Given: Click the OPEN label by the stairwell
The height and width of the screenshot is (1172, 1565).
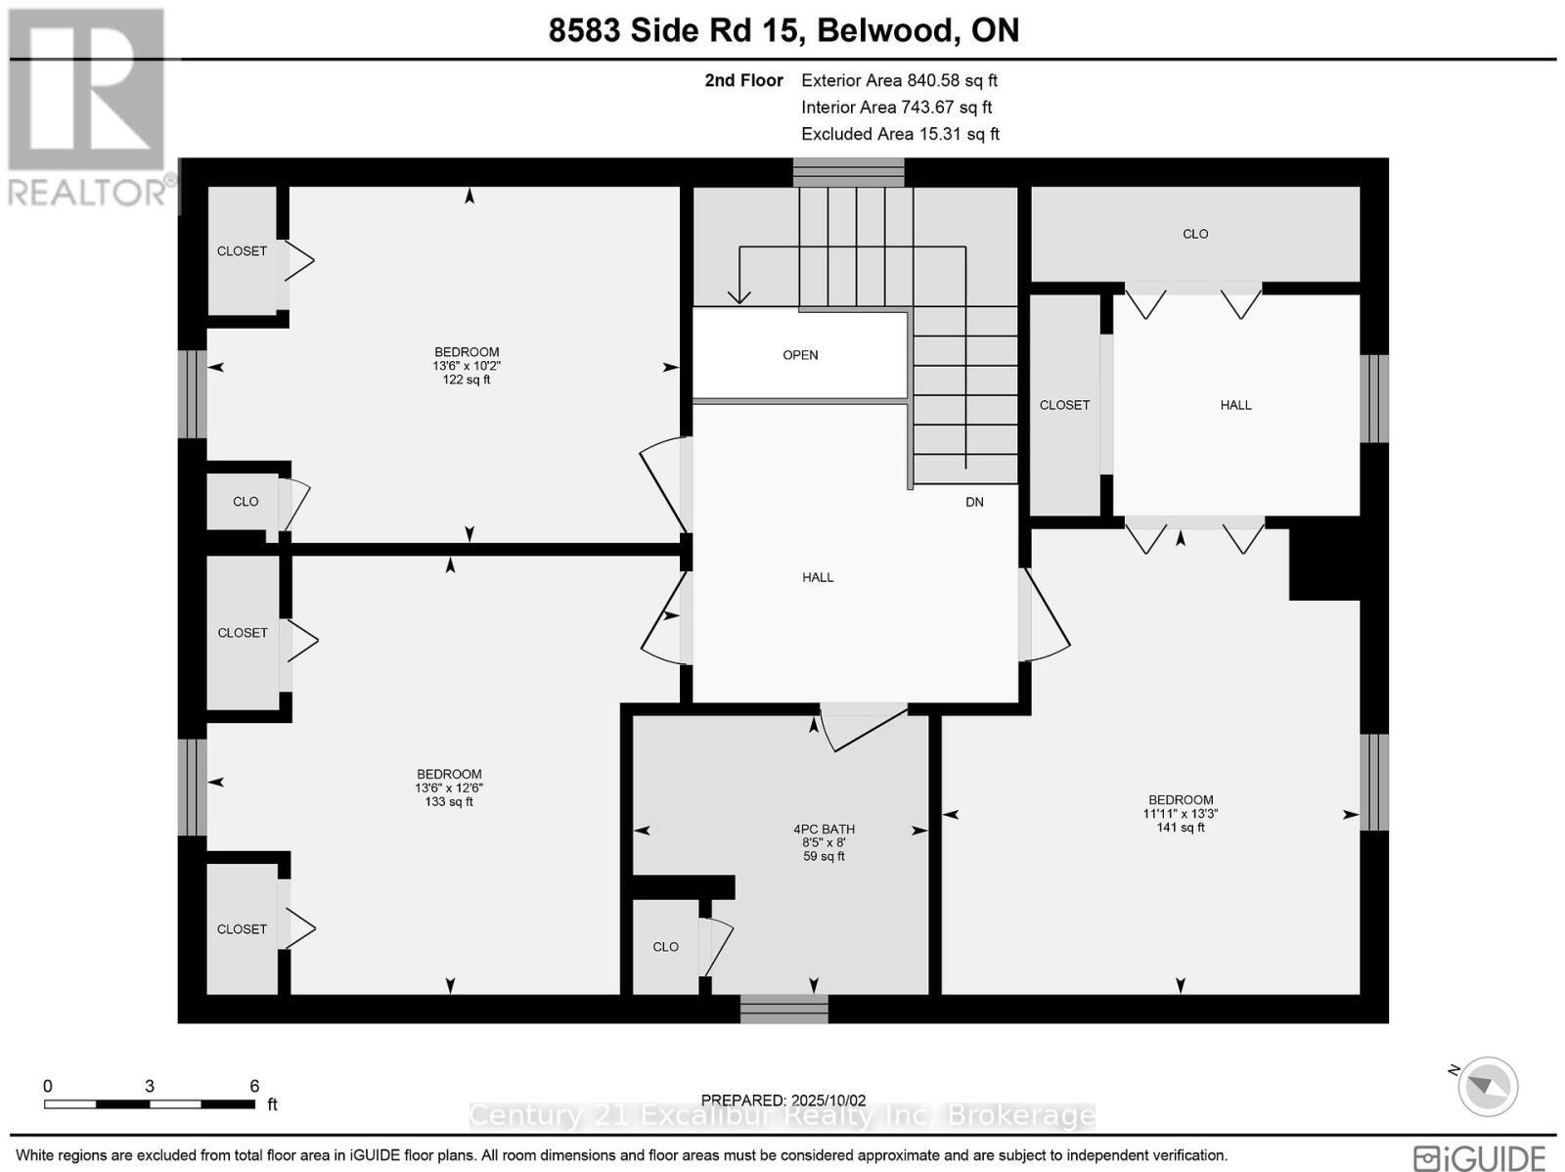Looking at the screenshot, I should [x=800, y=355].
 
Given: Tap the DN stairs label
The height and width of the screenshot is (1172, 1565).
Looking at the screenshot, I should [x=974, y=502].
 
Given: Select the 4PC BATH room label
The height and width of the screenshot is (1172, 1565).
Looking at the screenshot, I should [x=824, y=829].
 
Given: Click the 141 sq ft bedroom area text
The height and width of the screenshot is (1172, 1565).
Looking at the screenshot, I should [x=1181, y=828].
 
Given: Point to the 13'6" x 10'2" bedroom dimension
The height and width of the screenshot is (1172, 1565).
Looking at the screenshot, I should [x=467, y=366].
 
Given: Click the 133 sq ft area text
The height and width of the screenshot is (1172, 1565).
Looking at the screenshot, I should [x=449, y=802].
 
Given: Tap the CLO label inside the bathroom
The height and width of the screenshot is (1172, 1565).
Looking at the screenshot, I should [x=665, y=947].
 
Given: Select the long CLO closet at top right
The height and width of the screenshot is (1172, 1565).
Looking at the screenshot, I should [x=1195, y=234].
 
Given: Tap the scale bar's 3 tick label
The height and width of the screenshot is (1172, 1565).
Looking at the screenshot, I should [x=150, y=1086].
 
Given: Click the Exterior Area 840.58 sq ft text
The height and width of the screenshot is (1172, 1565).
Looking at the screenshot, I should [x=899, y=81].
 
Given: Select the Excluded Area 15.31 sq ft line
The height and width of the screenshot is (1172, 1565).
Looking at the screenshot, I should [x=900, y=134].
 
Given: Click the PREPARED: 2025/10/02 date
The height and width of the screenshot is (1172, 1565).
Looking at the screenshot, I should [x=783, y=1101].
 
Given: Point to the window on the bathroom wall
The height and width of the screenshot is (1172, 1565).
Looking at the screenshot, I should [x=783, y=1009].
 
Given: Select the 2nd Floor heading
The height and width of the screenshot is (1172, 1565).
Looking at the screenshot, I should [x=743, y=81].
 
